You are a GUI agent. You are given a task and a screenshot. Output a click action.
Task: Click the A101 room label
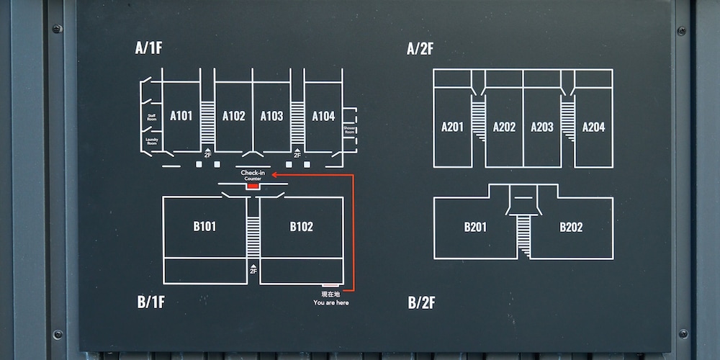(181, 116)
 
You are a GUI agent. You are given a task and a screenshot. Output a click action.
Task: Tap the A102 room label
(233, 116)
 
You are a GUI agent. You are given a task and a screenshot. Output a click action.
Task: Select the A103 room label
(271, 116)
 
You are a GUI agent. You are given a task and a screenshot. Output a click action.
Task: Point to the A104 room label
(323, 116)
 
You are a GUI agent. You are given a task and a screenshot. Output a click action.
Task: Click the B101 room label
(204, 227)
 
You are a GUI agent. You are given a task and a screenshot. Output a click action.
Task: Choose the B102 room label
(301, 227)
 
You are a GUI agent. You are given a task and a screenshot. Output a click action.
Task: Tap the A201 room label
(452, 127)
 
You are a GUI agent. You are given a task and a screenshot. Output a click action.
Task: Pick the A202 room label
(504, 127)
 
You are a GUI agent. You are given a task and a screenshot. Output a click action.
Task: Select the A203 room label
(542, 127)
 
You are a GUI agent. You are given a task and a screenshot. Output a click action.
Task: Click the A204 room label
(593, 127)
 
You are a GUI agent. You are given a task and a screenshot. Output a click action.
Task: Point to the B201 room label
(475, 228)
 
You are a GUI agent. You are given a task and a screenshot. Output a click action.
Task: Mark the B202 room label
(571, 228)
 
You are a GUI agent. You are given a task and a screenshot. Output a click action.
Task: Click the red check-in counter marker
(252, 186)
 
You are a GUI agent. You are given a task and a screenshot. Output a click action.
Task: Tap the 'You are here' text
(331, 302)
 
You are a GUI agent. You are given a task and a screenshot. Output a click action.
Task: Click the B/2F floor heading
(422, 302)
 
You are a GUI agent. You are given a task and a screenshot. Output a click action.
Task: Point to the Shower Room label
(349, 130)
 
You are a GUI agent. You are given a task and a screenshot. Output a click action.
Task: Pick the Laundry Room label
(151, 140)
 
